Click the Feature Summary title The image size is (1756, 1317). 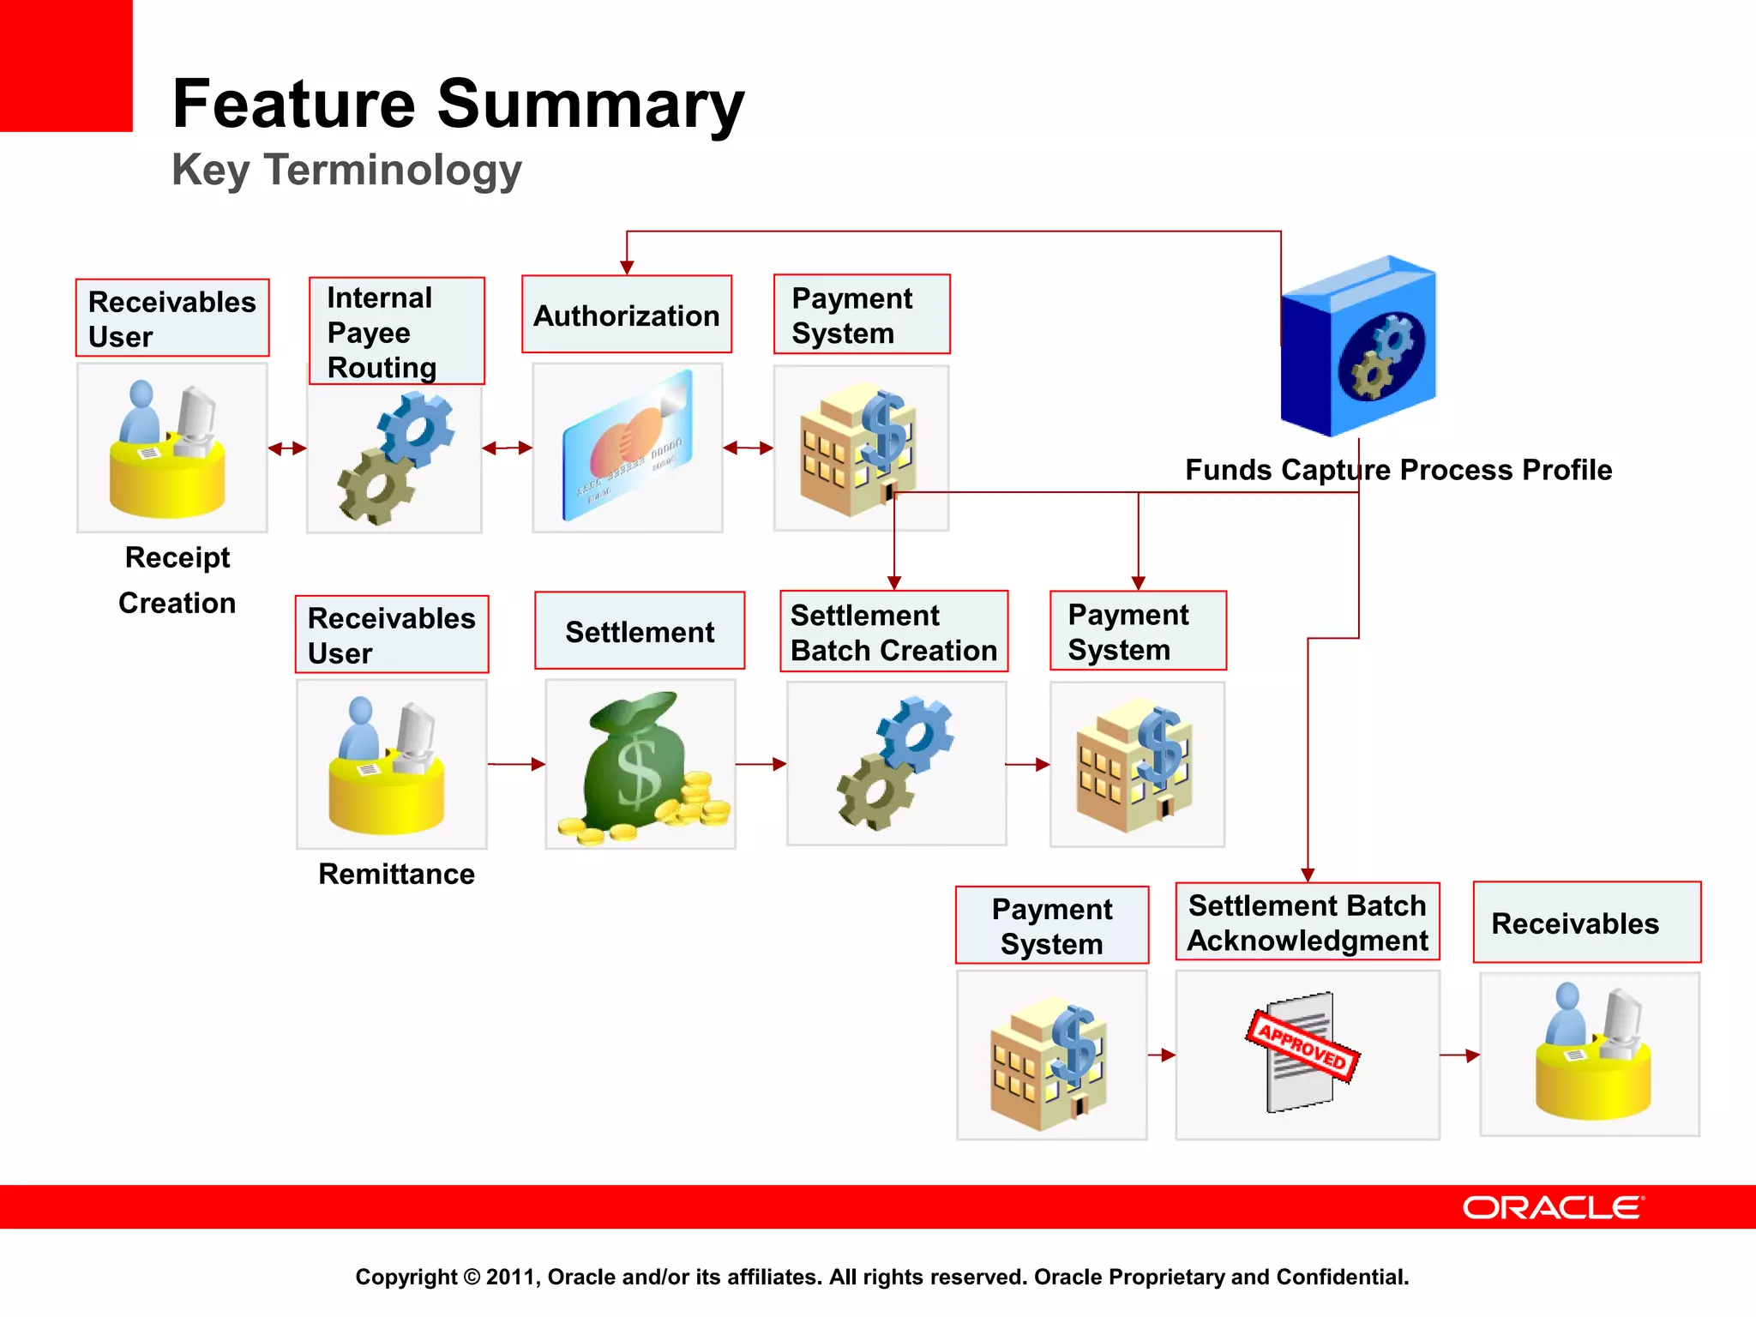pyautogui.click(x=458, y=104)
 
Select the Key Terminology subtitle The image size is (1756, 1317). pyautogui.click(x=346, y=170)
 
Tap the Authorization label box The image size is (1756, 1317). pyautogui.click(x=626, y=315)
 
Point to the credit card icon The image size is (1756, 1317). pyautogui.click(x=628, y=446)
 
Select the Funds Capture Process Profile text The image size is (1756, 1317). pyautogui.click(x=1398, y=470)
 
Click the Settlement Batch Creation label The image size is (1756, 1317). pyautogui.click(x=893, y=632)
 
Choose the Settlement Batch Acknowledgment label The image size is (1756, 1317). pyautogui.click(x=1307, y=923)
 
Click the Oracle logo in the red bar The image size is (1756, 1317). pyautogui.click(x=1552, y=1207)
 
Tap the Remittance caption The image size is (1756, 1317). pyautogui.click(x=396, y=874)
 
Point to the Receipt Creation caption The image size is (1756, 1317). pyautogui.click(x=177, y=580)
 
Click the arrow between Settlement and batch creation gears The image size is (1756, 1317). pyautogui.click(x=761, y=763)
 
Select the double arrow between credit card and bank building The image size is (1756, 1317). pyautogui.click(x=748, y=448)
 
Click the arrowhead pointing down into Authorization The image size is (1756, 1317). pyautogui.click(x=627, y=267)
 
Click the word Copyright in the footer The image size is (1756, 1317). pyautogui.click(x=406, y=1277)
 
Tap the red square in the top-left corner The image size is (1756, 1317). pyautogui.click(x=65, y=65)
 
